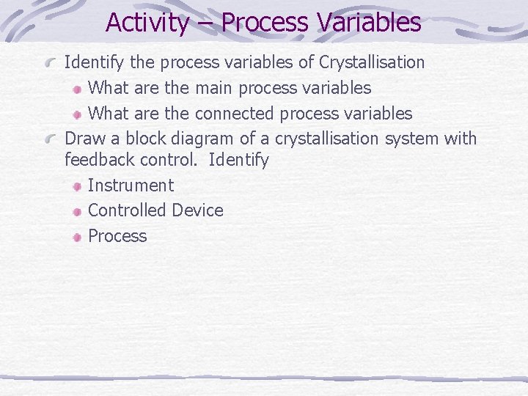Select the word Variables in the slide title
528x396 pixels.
370,22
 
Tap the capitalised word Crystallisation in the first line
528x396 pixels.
372,62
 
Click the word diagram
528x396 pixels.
204,139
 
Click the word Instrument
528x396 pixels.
131,186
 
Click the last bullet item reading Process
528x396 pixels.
117,236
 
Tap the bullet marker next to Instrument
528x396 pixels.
77,186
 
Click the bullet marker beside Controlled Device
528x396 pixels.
77,211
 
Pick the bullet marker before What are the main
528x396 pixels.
77,89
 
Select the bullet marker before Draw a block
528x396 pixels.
54,139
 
